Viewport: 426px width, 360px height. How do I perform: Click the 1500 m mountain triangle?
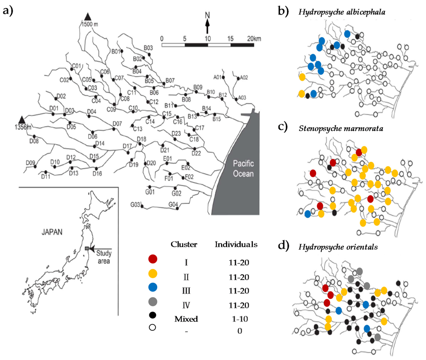tap(87, 16)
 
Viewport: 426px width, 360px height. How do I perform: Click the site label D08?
tap(34, 141)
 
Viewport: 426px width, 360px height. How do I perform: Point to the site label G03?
tap(135, 204)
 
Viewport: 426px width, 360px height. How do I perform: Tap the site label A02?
tap(244, 77)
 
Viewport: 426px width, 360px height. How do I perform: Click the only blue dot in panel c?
tap(307, 214)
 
